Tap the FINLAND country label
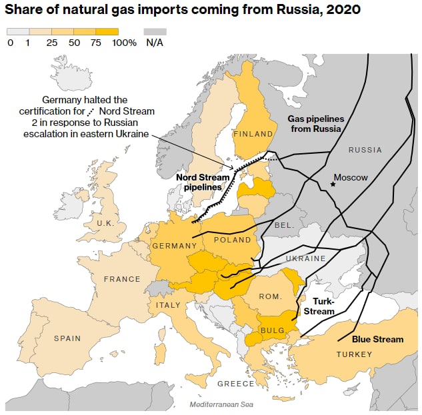click(253, 134)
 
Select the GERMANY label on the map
click(175, 246)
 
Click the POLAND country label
click(233, 240)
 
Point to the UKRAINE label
click(305, 258)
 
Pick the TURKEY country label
click(354, 354)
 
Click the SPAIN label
click(67, 338)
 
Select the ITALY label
click(168, 305)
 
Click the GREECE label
click(235, 384)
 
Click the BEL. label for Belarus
click(284, 225)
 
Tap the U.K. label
click(105, 223)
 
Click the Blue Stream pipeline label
click(377, 339)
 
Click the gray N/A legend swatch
click(155, 31)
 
